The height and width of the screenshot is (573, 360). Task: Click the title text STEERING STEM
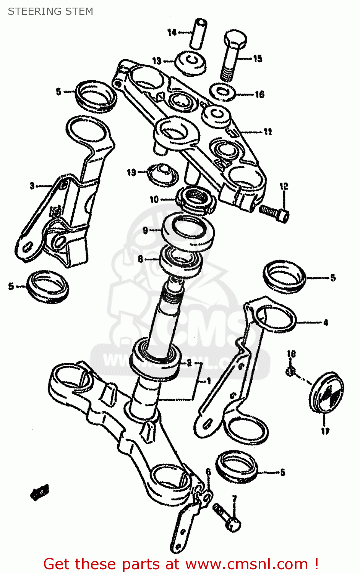coord(50,11)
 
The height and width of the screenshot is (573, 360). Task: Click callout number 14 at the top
coord(172,32)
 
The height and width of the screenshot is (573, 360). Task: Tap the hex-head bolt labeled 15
coord(232,55)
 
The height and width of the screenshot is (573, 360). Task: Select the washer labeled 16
coord(223,92)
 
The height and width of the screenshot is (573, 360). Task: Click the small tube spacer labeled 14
coord(198,34)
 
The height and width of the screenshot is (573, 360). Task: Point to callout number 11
coord(268,132)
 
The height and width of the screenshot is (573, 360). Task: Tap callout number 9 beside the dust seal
coord(145,230)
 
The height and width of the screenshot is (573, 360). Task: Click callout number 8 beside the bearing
coord(141,259)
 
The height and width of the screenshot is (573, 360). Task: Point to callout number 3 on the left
coord(32,186)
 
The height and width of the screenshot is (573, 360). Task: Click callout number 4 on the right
coord(325,323)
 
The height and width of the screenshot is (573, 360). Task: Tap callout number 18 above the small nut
coord(291,354)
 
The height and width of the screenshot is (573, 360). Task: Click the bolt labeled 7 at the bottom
coord(228,518)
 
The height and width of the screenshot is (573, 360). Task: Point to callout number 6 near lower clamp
coord(208,472)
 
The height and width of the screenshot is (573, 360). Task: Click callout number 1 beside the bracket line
coord(209,381)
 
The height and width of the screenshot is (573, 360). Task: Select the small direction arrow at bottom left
coord(39,493)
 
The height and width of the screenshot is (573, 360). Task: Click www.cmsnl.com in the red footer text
coord(247,564)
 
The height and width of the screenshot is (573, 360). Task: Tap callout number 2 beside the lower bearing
coord(189,363)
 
